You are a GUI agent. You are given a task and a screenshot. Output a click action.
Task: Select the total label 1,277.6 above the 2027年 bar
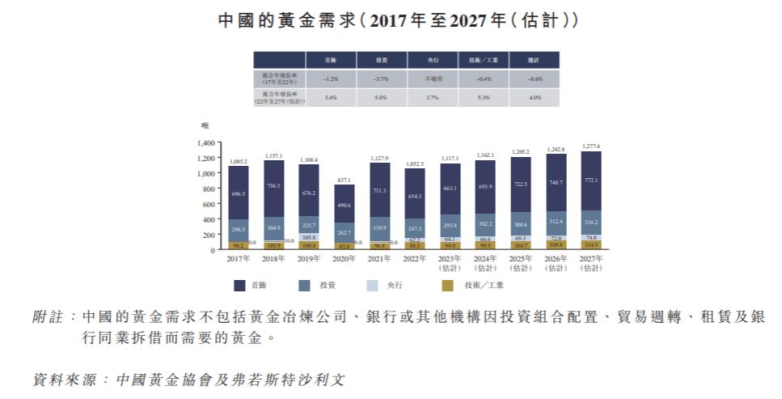590,146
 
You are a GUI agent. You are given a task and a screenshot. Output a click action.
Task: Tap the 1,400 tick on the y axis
204,142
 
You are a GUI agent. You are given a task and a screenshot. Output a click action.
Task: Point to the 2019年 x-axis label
308,259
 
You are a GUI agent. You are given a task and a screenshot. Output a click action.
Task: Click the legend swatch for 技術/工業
447,285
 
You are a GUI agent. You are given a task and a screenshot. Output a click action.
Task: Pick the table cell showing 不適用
432,79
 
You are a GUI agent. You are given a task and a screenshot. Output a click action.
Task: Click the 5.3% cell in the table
484,98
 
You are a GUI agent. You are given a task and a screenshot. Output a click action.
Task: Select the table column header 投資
381,61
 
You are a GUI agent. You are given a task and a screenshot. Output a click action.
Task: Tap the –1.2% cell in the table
330,79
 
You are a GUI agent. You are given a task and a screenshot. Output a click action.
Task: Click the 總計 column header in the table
534,61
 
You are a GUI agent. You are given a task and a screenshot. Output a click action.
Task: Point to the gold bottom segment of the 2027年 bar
590,244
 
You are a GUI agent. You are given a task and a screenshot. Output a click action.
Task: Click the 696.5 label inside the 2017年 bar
238,194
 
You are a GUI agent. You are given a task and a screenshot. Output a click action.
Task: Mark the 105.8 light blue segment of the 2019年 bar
308,238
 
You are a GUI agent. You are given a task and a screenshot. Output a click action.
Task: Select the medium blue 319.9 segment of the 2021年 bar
379,228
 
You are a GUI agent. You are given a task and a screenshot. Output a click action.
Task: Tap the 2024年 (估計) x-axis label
485,263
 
